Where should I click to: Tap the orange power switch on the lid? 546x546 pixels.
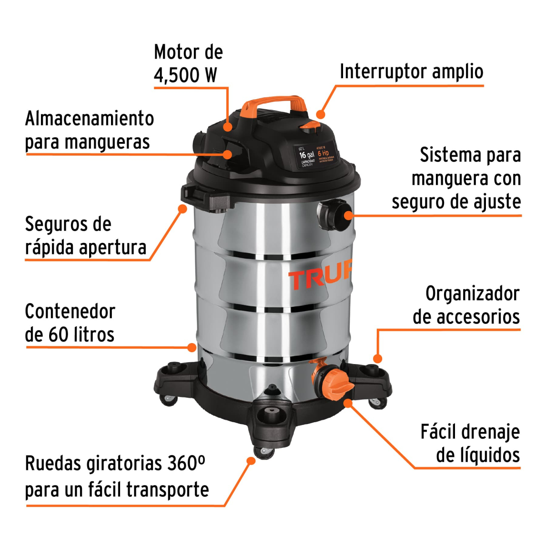tap(311, 126)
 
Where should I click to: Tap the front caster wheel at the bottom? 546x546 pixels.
tap(264, 451)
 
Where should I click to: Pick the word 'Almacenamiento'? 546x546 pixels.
tap(90, 119)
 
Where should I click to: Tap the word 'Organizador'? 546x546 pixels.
tap(472, 294)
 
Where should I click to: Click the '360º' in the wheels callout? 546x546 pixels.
tap(186, 464)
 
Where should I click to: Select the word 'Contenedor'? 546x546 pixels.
tap(70, 312)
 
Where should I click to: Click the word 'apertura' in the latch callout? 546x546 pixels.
tap(112, 248)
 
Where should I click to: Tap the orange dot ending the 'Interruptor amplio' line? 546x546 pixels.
tap(321, 114)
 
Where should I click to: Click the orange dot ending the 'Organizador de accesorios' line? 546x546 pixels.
tap(377, 359)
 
